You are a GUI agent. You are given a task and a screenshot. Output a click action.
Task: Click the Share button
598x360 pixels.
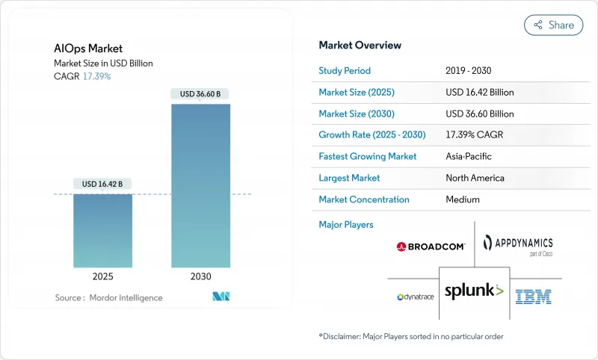(x=554, y=25)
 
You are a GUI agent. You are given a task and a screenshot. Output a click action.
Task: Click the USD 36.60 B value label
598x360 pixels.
(x=201, y=94)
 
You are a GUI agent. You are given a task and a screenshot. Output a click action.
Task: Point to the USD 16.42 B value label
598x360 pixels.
(x=102, y=184)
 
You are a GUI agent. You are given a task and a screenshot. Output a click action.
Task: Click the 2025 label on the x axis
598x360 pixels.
(x=102, y=276)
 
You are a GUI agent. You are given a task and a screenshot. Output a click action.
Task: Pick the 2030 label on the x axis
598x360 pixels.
(x=201, y=276)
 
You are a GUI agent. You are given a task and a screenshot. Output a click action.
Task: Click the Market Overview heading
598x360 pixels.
(x=360, y=46)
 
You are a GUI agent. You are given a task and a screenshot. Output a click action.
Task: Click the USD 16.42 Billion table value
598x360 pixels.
(x=479, y=93)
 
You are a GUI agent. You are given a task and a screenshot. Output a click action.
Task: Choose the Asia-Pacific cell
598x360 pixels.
(x=468, y=157)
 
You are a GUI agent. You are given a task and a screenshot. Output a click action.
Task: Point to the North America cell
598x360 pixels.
(x=474, y=178)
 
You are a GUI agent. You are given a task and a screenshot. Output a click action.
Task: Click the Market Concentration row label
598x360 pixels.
(x=364, y=199)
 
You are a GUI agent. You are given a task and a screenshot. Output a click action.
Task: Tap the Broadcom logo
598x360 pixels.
(x=431, y=246)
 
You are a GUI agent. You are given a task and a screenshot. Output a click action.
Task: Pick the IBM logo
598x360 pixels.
(x=533, y=296)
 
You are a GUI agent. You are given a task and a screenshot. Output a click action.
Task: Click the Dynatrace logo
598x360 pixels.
(x=416, y=297)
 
